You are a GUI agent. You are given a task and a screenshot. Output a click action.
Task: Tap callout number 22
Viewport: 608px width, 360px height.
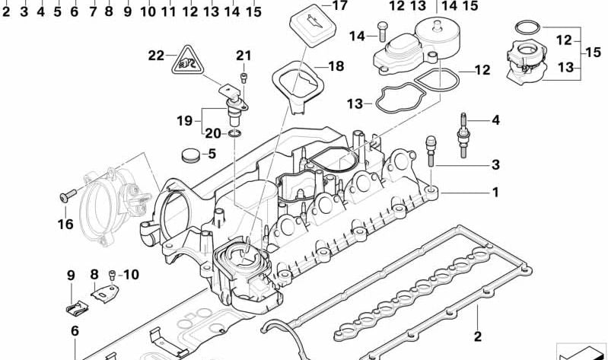point(156,55)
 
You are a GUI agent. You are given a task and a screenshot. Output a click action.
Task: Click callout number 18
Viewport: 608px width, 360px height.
point(336,67)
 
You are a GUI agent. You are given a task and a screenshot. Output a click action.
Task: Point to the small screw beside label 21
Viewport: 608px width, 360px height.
point(244,77)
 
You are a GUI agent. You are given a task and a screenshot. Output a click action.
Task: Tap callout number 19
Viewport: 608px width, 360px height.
point(185,120)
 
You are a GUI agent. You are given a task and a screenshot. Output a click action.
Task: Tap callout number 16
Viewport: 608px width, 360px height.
point(64,224)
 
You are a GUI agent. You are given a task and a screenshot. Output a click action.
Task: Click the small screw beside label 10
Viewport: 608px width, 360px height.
point(113,274)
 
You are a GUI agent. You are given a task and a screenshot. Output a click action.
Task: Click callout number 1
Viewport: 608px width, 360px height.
point(495,193)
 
